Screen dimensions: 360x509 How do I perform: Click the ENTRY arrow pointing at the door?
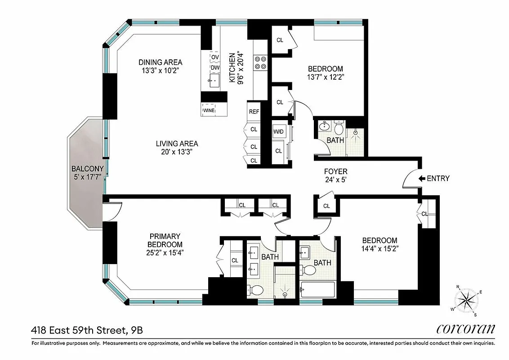(x=422, y=179)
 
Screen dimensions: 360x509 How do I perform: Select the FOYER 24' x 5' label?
(x=336, y=175)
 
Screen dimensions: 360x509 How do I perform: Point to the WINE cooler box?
(x=209, y=110)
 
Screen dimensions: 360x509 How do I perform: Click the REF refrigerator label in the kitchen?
(x=254, y=112)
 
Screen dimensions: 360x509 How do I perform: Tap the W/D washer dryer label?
(x=279, y=132)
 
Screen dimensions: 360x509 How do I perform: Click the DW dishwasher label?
(x=215, y=68)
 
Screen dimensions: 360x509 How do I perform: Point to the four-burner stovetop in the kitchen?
(x=260, y=63)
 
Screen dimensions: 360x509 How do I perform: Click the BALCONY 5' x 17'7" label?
(x=88, y=173)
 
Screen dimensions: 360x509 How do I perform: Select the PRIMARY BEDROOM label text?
(x=165, y=240)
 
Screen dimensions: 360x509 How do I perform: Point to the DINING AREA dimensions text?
(x=161, y=70)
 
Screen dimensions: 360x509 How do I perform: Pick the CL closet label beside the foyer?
(x=326, y=206)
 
